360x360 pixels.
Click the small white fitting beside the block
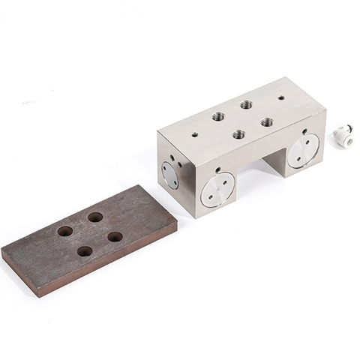[x=342, y=134]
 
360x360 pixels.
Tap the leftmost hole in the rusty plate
[x=65, y=231]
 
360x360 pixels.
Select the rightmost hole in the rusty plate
[x=115, y=236]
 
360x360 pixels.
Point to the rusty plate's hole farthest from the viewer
[x=95, y=217]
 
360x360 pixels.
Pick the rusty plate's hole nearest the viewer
[x=85, y=251]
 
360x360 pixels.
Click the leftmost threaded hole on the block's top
[x=218, y=116]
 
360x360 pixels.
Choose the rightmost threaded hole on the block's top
[x=266, y=121]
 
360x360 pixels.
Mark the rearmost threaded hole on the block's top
[x=246, y=104]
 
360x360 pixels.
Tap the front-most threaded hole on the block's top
[x=238, y=135]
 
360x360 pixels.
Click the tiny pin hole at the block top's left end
[x=195, y=135]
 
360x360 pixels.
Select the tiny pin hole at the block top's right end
[x=281, y=97]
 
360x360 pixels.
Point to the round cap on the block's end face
[x=170, y=175]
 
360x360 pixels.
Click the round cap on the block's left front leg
[x=217, y=189]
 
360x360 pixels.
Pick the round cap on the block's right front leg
[x=303, y=151]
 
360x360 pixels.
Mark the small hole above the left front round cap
[x=217, y=169]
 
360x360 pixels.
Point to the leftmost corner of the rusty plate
[x=2, y=255]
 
